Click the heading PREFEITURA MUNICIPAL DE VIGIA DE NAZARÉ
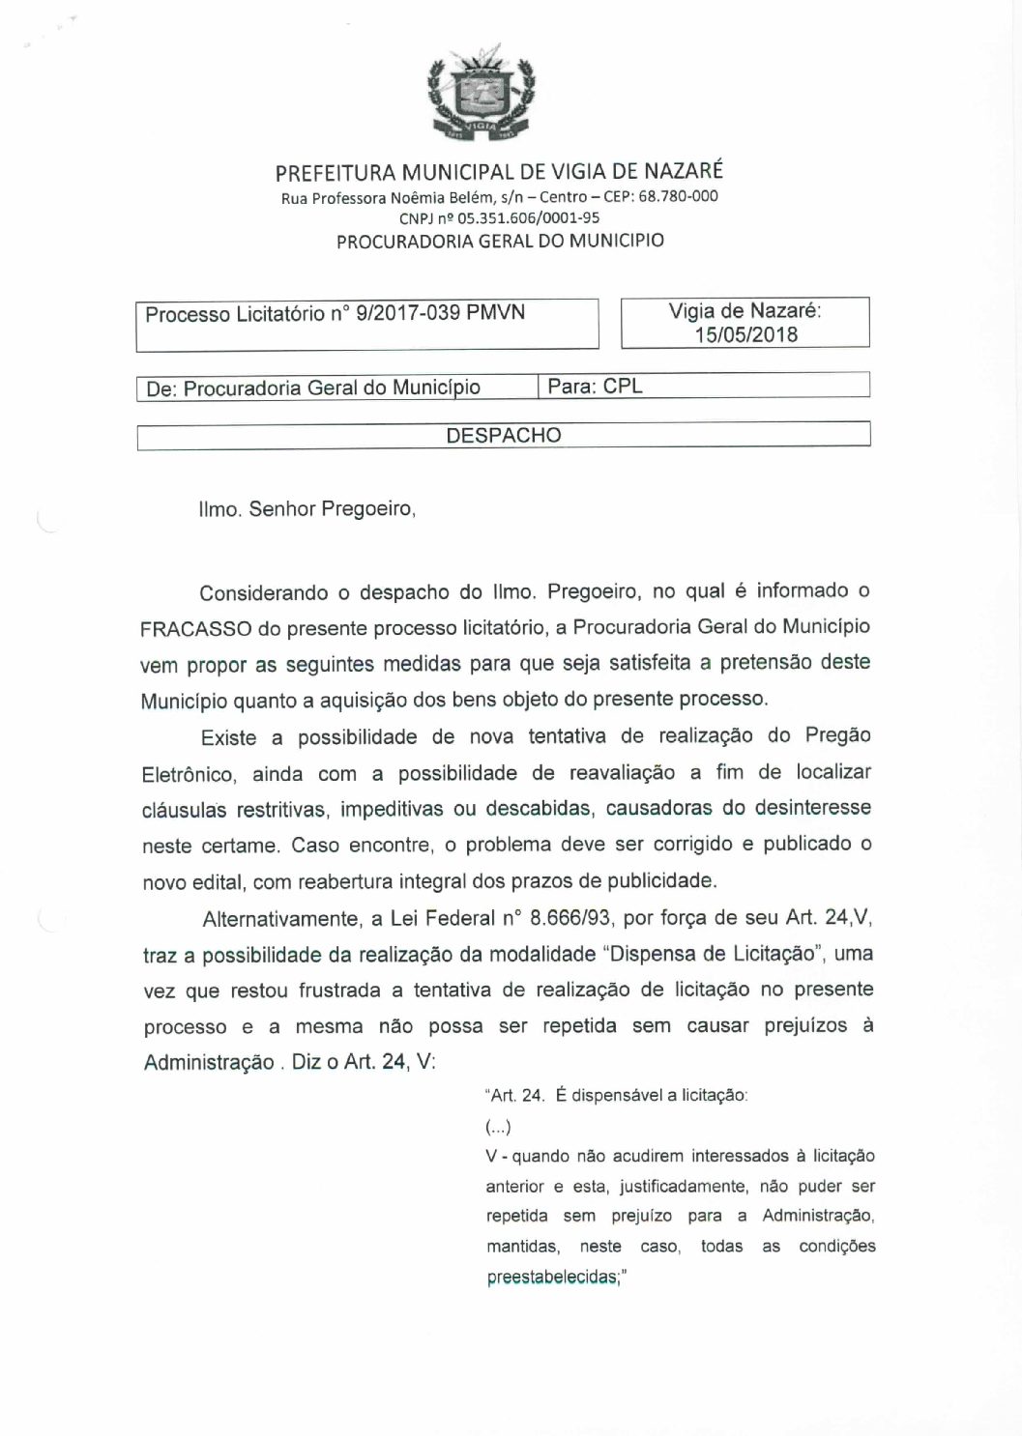(499, 172)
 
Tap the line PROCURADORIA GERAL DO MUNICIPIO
(500, 241)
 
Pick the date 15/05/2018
(745, 334)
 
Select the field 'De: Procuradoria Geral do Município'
(312, 388)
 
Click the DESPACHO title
(503, 435)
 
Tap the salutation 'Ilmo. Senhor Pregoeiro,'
(307, 508)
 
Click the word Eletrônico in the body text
(188, 775)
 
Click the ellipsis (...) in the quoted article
(498, 1127)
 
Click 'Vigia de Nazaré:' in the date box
(745, 311)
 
